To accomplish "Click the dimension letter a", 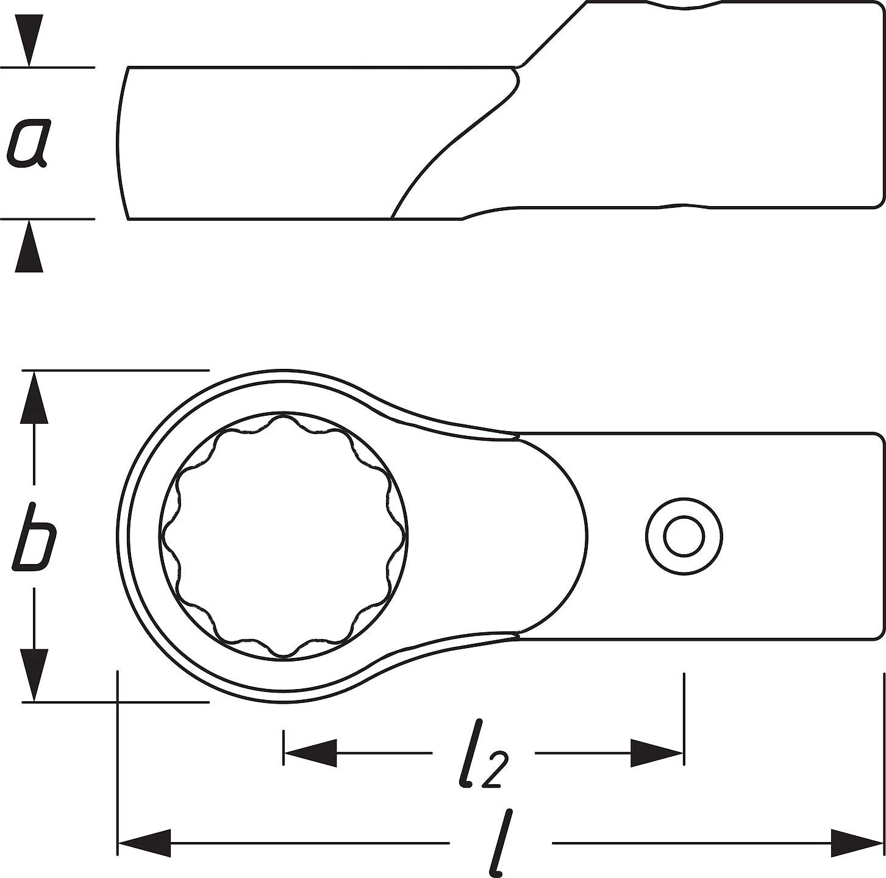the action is click(x=27, y=143).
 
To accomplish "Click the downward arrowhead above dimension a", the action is click(x=29, y=40).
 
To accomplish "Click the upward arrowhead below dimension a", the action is click(x=29, y=246).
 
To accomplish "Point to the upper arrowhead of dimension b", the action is click(x=35, y=396).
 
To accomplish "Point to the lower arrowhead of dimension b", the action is click(x=35, y=675).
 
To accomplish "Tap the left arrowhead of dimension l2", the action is click(x=310, y=753).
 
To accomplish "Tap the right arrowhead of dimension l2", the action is click(x=657, y=753).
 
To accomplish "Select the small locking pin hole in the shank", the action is click(x=684, y=536).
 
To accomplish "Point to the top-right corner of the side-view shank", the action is click(x=883, y=4).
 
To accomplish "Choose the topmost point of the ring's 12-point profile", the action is click(x=284, y=416).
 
